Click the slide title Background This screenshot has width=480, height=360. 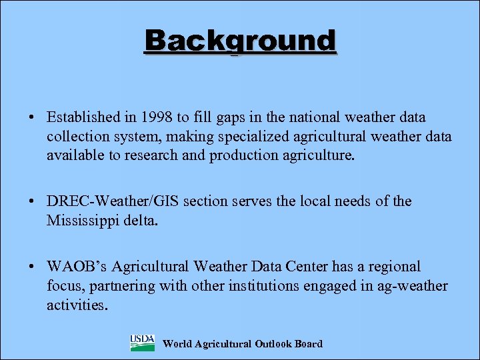[241, 41]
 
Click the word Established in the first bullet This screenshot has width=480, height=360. [83, 118]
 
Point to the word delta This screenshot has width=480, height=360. [142, 220]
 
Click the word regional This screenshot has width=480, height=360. [391, 267]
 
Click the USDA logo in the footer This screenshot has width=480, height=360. [142, 343]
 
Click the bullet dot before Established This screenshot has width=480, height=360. [32, 119]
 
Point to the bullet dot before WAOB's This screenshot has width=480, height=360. [32, 267]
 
